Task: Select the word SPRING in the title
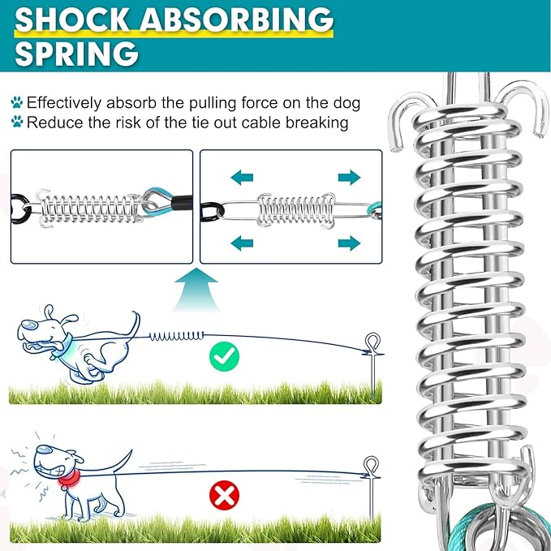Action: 75,54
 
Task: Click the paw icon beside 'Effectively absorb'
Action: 16,104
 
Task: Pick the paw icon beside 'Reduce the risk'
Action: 16,123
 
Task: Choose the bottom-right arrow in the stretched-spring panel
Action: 349,242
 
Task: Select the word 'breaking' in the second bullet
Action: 319,123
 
